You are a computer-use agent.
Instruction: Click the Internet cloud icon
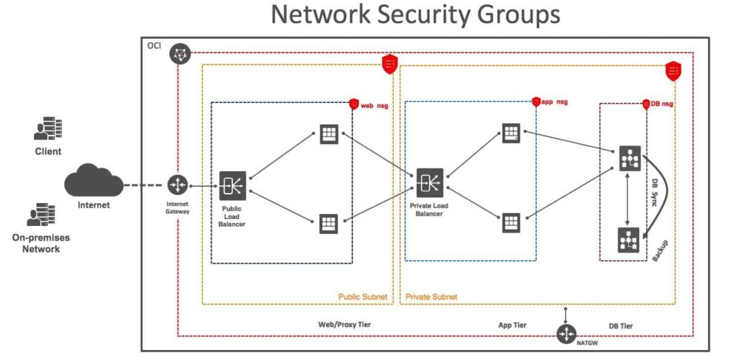click(93, 183)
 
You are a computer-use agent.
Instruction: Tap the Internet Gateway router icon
click(176, 185)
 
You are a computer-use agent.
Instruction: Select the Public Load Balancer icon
click(233, 185)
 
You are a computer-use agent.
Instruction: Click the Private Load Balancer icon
click(430, 183)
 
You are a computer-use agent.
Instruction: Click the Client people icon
click(47, 130)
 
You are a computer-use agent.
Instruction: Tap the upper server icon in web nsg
click(329, 135)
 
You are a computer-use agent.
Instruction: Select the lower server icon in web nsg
click(329, 222)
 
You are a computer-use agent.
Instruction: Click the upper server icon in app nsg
click(511, 134)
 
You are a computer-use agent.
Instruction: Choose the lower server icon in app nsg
click(511, 222)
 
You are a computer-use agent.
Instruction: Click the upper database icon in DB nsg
click(629, 158)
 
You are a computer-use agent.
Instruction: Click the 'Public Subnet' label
click(363, 296)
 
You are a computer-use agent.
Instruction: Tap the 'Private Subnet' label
click(432, 296)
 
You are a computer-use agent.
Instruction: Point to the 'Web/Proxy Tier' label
click(345, 325)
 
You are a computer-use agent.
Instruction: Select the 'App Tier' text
click(512, 325)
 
